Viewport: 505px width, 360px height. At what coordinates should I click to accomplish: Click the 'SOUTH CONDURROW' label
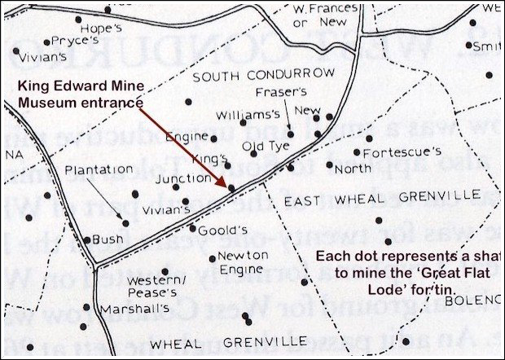[x=263, y=74]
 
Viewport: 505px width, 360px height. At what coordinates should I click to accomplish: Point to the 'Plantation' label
[x=99, y=169]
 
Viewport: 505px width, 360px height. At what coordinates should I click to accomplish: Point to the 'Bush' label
[x=108, y=239]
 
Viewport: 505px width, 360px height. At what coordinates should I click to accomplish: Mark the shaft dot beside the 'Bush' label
[x=87, y=240]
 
